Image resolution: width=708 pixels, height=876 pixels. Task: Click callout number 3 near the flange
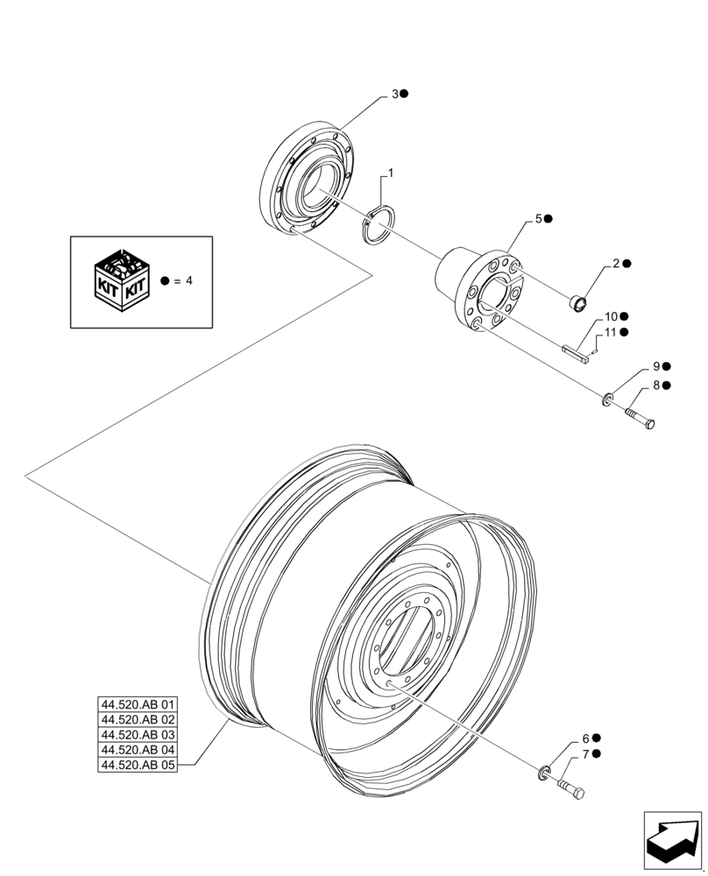click(x=395, y=94)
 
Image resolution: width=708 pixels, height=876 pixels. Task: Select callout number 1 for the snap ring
click(x=390, y=174)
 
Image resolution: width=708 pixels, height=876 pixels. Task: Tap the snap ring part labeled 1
click(x=379, y=225)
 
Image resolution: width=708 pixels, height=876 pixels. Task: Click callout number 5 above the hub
click(x=539, y=218)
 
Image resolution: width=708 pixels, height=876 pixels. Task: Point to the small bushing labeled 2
click(x=577, y=304)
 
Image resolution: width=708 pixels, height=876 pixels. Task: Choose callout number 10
click(x=611, y=316)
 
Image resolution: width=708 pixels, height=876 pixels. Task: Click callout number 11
click(x=611, y=332)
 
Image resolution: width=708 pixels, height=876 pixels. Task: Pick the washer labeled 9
click(x=605, y=400)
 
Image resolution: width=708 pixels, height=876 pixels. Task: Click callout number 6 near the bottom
click(x=585, y=738)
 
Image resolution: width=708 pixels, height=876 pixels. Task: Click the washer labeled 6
click(x=544, y=772)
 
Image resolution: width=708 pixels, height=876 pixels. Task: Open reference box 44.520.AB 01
click(x=138, y=705)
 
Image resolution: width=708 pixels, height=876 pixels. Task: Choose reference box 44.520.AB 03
click(x=138, y=735)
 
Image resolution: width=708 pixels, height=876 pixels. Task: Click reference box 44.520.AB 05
click(x=138, y=765)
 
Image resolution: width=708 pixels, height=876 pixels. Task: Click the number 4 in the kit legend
click(x=188, y=281)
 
